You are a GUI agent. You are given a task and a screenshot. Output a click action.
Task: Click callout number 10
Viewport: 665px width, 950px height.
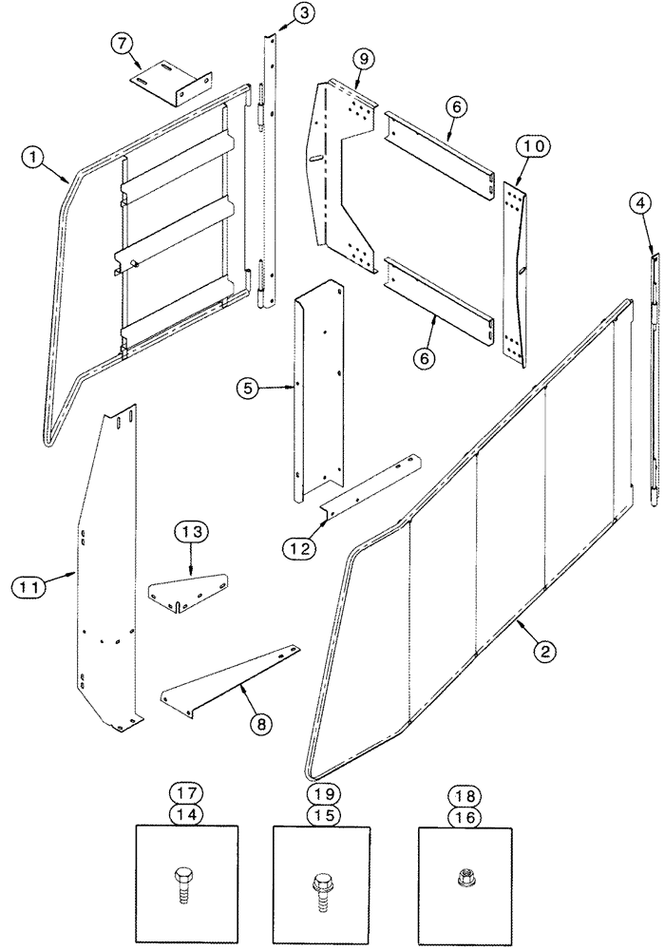click(531, 145)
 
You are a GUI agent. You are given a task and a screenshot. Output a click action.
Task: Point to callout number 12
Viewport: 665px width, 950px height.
click(296, 546)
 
